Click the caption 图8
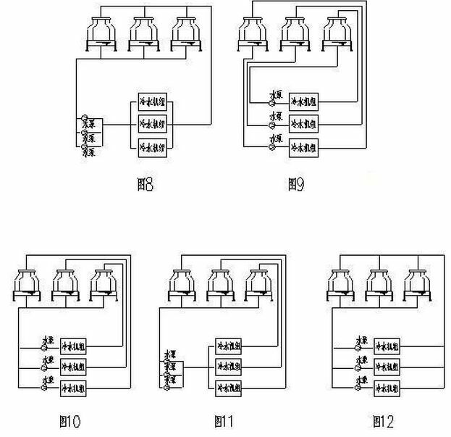tap(145, 185)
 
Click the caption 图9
tap(295, 185)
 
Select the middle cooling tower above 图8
tap(143, 33)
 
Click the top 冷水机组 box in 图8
tap(153, 100)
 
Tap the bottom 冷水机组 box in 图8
tap(153, 147)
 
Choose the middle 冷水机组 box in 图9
tap(303, 123)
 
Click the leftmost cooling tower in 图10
tap(28, 285)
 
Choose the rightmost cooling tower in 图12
tap(418, 285)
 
